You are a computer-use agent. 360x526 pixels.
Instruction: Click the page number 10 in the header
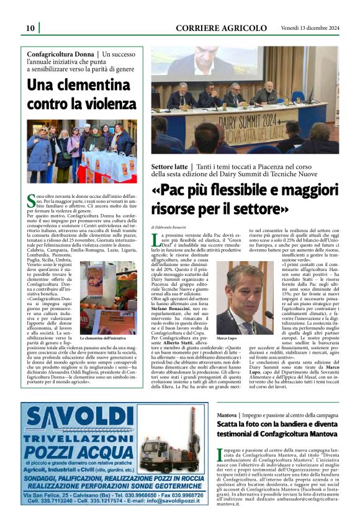point(30,28)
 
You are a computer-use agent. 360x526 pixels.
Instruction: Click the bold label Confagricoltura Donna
point(63,55)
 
